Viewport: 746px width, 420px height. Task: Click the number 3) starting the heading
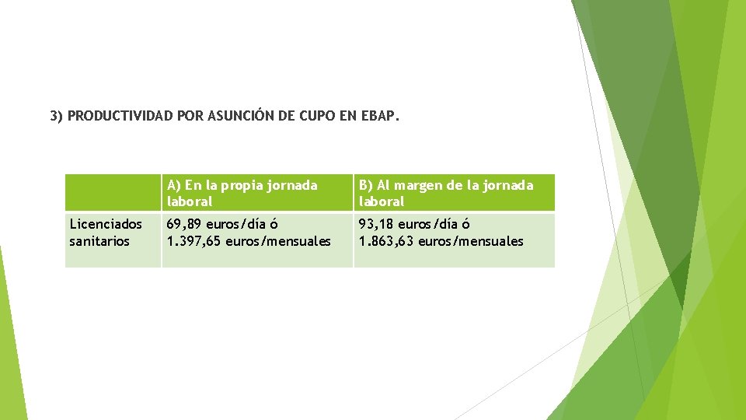56,117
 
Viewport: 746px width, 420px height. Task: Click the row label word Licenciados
106,224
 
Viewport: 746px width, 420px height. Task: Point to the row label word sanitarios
99,241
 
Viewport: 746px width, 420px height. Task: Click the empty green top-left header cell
113,193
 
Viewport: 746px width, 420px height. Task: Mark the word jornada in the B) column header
508,185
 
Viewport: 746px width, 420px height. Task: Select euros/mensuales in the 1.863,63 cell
471,241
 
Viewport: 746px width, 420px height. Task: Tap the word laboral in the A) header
190,201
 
